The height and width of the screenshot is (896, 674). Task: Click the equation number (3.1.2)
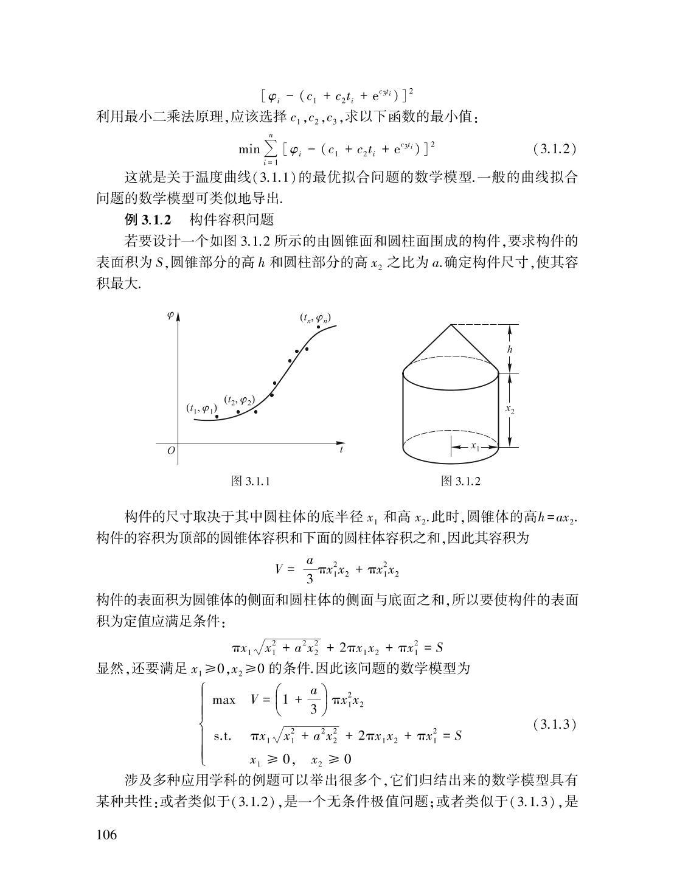(x=554, y=149)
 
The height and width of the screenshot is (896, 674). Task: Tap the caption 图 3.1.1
(x=251, y=481)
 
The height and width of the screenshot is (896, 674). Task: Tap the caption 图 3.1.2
(x=460, y=481)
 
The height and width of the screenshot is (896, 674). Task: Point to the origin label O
(x=171, y=451)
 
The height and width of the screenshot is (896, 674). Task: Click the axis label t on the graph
(x=341, y=450)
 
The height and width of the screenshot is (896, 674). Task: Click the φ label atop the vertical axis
(x=170, y=315)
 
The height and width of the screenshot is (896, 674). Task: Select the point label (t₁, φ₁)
(x=201, y=408)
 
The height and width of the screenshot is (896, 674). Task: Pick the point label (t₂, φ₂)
(x=238, y=400)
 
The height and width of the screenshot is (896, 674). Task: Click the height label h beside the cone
(x=510, y=349)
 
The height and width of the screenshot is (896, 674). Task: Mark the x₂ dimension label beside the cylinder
(x=510, y=410)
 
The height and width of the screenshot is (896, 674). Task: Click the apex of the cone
(x=451, y=324)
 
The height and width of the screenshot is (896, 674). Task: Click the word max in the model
(x=223, y=700)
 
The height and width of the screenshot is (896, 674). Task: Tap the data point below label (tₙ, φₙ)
(x=318, y=327)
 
